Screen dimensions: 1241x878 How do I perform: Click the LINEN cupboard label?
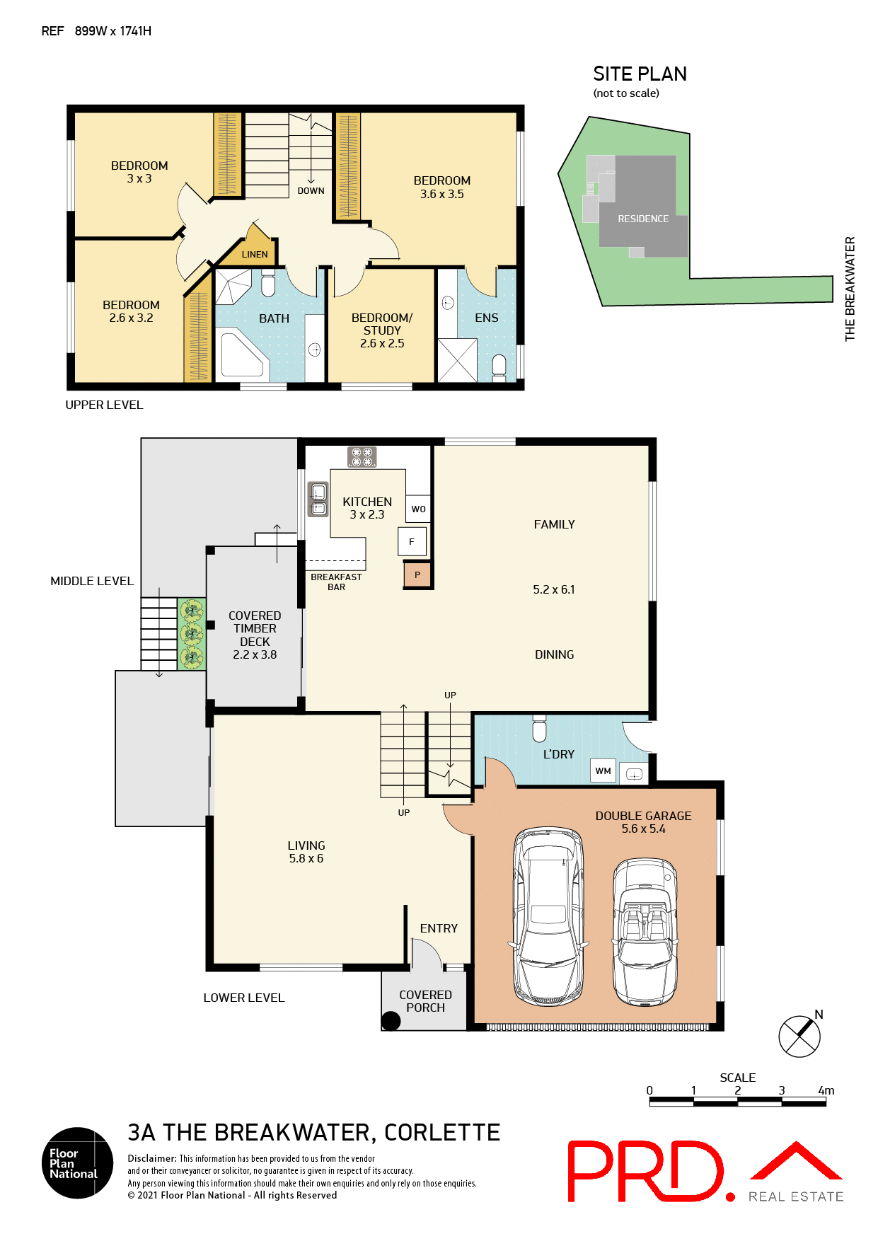[255, 254]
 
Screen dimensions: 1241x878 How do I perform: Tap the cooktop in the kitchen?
[362, 457]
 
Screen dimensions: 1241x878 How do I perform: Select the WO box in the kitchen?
[418, 509]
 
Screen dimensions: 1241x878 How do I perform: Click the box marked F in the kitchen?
[412, 541]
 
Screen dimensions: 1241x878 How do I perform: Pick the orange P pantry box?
[417, 575]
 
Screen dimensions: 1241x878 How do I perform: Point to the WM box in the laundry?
[603, 770]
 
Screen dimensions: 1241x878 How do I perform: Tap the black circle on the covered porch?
[391, 1021]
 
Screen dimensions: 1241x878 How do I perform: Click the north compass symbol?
[799, 1037]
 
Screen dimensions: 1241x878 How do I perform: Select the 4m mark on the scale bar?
[825, 1091]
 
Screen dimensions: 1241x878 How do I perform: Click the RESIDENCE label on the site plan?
[642, 219]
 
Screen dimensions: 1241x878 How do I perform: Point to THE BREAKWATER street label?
[850, 289]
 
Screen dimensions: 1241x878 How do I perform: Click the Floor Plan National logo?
[77, 1162]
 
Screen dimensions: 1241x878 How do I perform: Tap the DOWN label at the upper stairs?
[311, 190]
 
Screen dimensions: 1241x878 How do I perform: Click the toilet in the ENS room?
[499, 365]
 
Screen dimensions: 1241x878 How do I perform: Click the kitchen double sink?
[318, 499]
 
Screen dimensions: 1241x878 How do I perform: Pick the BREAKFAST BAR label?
[336, 582]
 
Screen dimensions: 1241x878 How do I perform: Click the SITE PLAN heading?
[640, 74]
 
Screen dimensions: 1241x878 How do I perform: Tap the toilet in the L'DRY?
[539, 729]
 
